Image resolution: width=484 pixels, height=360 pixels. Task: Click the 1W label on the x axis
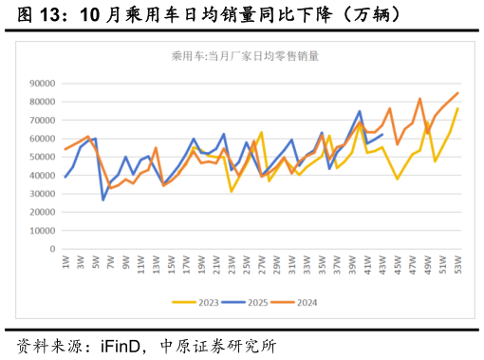(65, 262)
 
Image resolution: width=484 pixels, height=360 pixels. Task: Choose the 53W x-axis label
(458, 263)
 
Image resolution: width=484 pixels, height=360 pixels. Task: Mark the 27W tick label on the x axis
(262, 263)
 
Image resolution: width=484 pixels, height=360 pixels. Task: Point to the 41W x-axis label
(367, 263)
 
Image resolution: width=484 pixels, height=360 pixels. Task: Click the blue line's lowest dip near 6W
(103, 199)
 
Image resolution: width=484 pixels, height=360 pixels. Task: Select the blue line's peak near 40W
(360, 111)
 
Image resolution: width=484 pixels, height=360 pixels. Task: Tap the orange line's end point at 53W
(458, 93)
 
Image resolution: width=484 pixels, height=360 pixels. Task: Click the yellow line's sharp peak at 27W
(262, 132)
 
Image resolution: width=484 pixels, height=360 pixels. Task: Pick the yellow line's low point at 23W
(232, 192)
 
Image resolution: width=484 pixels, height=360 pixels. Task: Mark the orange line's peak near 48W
(420, 99)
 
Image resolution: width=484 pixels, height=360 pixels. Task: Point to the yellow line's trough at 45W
(398, 179)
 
